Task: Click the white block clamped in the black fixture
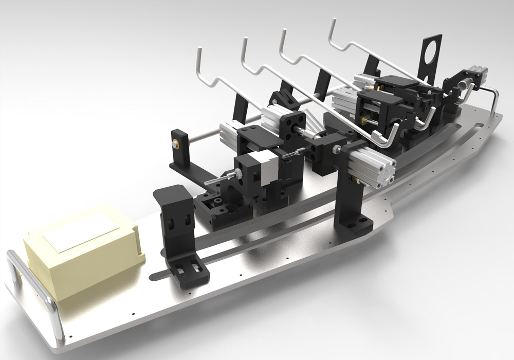coord(265,167)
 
